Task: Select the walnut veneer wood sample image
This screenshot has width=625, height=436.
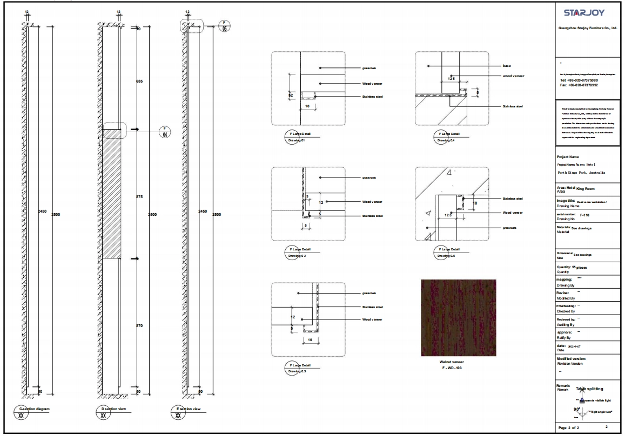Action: coord(458,318)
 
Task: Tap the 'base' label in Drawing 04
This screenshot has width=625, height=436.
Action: coord(506,66)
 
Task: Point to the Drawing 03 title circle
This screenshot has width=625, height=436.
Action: coord(293,369)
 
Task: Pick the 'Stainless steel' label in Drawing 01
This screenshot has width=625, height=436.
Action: coord(372,97)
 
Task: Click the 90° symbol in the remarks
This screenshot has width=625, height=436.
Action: coord(577,410)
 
